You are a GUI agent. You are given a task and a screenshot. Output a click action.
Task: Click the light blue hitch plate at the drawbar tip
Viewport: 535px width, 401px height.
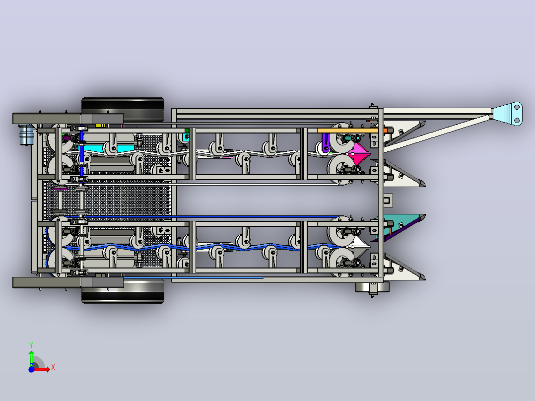pyautogui.click(x=508, y=114)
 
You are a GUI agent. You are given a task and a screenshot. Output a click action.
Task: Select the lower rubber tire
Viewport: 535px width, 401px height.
pyautogui.click(x=123, y=292)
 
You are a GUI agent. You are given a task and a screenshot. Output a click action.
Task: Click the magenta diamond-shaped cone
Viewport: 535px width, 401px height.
pyautogui.click(x=360, y=154)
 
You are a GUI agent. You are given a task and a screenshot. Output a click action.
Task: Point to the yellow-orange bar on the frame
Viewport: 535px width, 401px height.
pyautogui.click(x=347, y=131)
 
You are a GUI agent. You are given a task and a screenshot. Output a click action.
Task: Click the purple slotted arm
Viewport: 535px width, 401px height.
pyautogui.click(x=326, y=142)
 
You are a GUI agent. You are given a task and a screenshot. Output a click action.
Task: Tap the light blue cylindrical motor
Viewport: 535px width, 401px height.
pyautogui.click(x=26, y=134)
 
